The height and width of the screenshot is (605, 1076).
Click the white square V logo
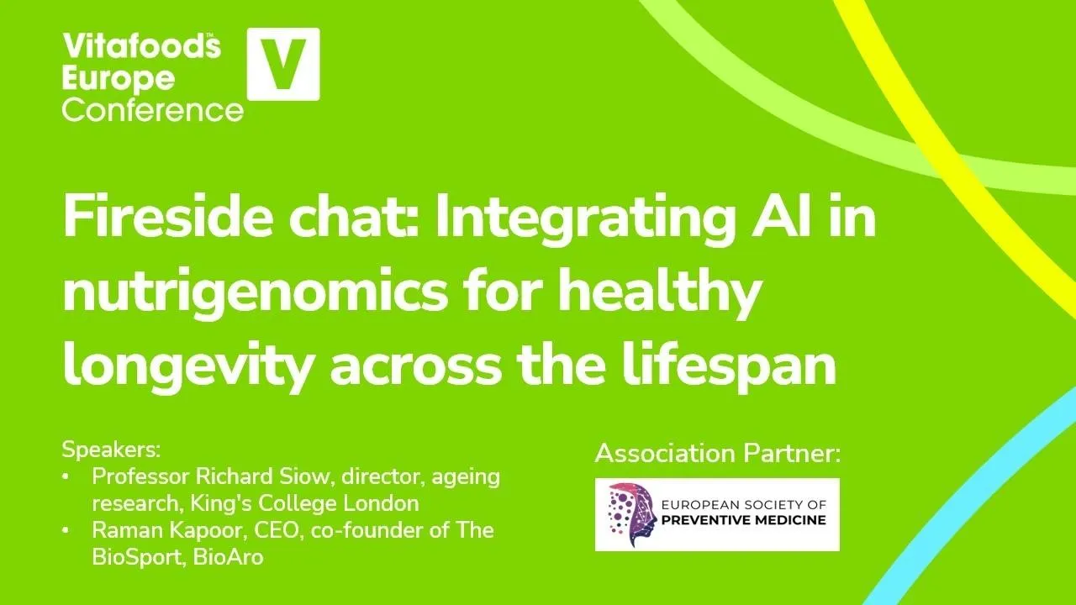282,64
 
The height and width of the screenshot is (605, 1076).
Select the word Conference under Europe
152,109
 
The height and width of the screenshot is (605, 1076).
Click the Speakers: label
110,448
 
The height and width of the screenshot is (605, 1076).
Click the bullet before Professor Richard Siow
66,477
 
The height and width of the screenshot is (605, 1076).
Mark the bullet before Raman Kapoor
66,531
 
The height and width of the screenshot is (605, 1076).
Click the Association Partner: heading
717,454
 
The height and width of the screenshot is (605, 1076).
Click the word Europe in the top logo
119,78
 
